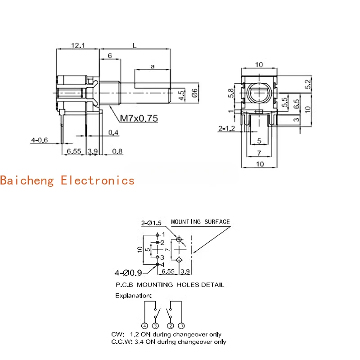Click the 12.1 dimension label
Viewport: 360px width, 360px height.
(77, 45)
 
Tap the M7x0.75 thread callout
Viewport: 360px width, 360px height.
(139, 119)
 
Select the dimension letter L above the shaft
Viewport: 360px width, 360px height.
(135, 45)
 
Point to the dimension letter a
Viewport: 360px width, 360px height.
(153, 66)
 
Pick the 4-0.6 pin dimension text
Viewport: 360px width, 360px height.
(40, 140)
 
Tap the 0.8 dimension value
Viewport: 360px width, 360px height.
(117, 152)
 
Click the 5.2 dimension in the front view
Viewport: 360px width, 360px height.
(308, 84)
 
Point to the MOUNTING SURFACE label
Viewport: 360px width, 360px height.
(200, 221)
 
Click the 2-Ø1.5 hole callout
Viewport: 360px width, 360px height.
(151, 223)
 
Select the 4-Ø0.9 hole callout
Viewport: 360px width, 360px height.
(128, 272)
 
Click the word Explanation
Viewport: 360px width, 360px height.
(134, 296)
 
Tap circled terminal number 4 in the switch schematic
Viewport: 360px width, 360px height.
(144, 325)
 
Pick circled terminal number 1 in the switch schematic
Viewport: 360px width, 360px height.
(181, 325)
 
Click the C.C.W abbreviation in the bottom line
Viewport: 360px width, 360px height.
(120, 342)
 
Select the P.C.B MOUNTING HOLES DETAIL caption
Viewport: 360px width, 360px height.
(170, 285)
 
